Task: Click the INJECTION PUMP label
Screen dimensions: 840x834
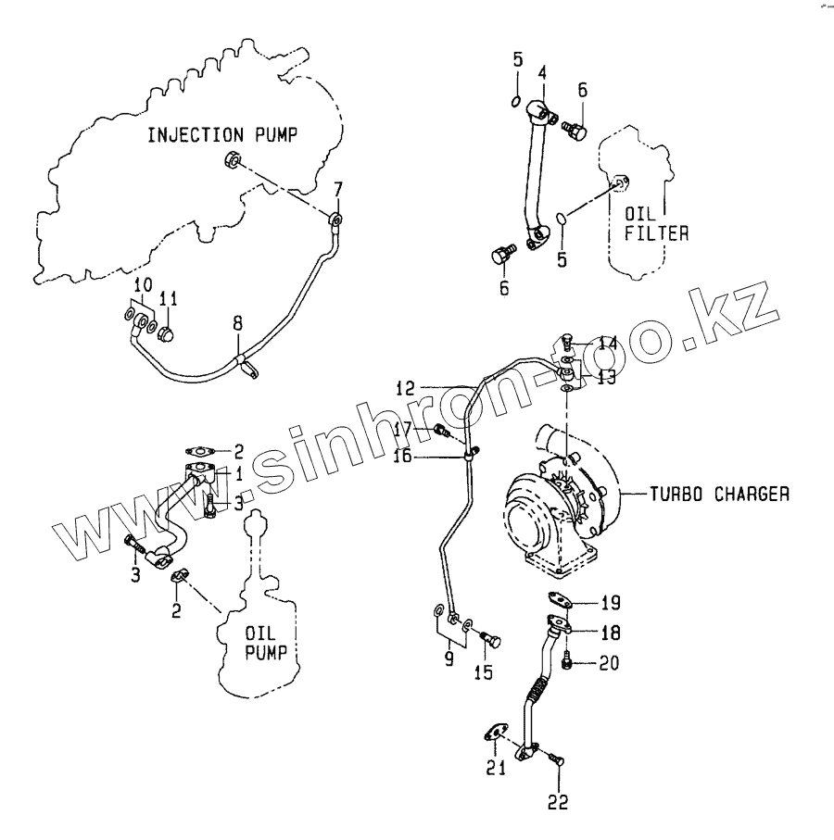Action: point(223,135)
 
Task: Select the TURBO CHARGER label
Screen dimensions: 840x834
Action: point(718,495)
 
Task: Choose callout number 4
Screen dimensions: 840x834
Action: point(541,72)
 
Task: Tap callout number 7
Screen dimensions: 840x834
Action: point(337,189)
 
